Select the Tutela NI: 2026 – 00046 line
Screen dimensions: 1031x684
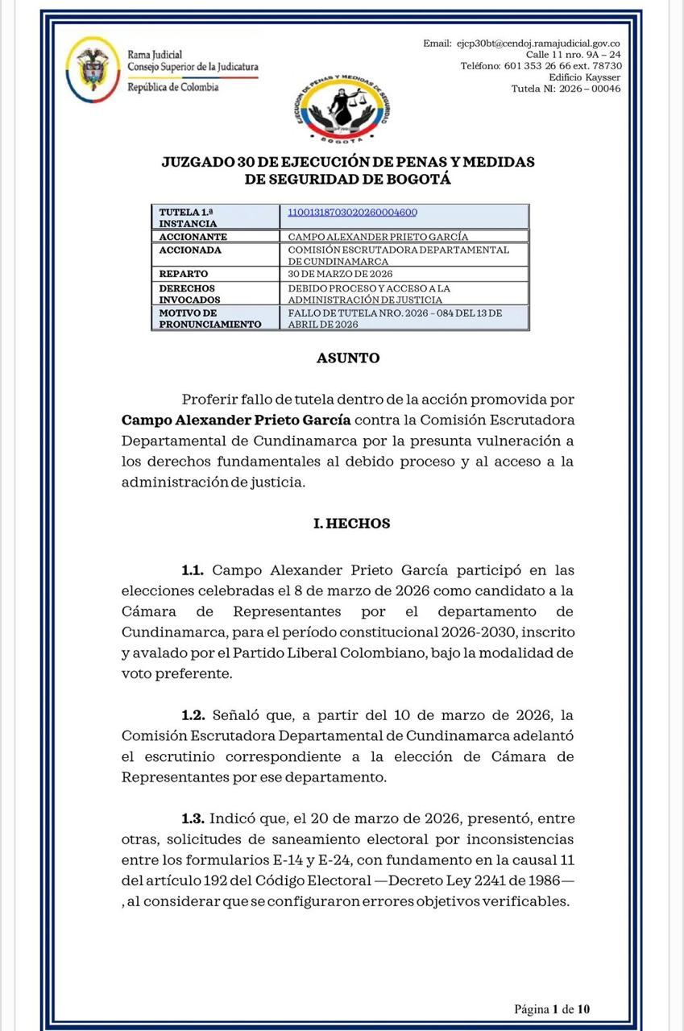566,89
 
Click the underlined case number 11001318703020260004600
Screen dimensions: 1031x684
352,212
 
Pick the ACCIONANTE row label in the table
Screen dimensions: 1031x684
193,237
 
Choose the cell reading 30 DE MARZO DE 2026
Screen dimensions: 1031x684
341,274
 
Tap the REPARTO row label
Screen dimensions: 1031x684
184,274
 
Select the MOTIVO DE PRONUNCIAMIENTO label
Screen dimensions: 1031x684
209,318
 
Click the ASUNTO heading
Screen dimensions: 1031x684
348,358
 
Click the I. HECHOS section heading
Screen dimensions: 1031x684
351,524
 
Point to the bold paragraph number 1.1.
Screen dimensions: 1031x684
193,570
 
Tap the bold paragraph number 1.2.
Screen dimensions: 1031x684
193,715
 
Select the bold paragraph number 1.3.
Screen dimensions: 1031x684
193,818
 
